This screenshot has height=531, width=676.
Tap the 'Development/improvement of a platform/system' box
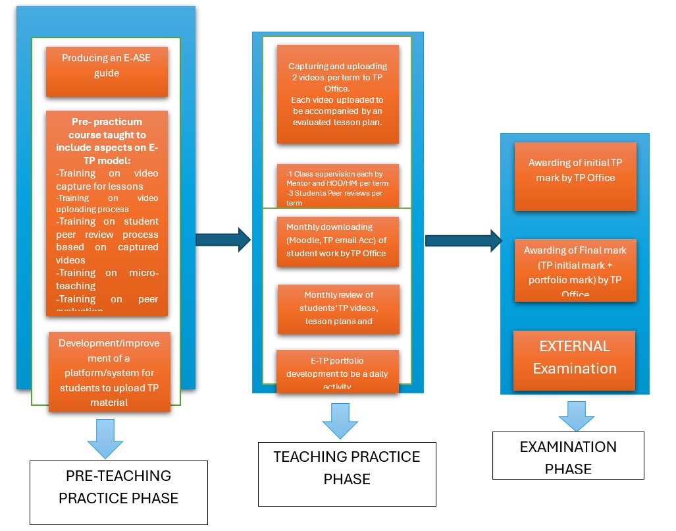[109, 372]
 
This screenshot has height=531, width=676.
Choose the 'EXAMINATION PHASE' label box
[568, 455]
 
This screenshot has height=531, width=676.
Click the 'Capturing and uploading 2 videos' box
[338, 94]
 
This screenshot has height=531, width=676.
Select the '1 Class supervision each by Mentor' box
[338, 186]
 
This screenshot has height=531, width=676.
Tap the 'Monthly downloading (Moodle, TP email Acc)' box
[338, 241]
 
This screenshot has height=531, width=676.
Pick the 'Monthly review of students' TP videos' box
[338, 309]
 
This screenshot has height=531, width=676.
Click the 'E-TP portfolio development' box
[337, 372]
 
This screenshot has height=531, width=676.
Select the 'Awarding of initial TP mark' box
[575, 177]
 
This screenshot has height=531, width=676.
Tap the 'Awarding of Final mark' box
[575, 270]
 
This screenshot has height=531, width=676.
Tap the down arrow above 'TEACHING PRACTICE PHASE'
[340, 420]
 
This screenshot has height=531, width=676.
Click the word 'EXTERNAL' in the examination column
[574, 347]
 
